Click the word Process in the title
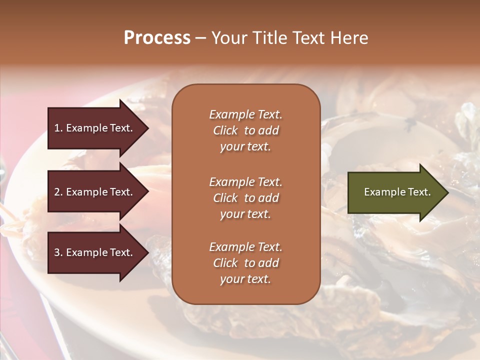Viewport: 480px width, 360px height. [157, 38]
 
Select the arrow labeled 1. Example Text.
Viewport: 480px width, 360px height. [95, 128]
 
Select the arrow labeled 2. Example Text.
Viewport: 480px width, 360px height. [95, 192]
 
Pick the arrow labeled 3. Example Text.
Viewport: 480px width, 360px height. [95, 252]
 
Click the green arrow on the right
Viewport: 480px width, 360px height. [395, 192]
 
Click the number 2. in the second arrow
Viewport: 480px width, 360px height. [58, 192]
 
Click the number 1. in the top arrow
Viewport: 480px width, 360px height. [58, 128]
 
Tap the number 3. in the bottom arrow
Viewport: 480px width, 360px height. [58, 252]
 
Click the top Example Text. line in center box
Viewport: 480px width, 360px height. [245, 114]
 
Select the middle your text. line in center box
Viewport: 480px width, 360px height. [245, 214]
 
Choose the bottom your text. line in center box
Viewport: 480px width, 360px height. [245, 279]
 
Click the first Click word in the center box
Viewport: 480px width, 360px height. [225, 130]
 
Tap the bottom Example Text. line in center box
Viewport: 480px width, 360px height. [245, 247]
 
